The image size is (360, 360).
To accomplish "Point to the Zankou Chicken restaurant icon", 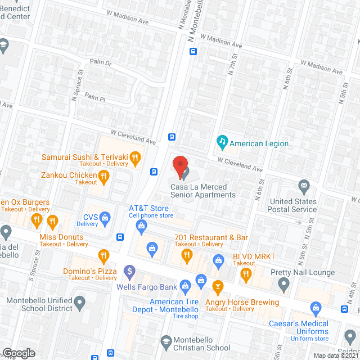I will coord(103,178).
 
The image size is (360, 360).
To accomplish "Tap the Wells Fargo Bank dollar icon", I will coord(130,272).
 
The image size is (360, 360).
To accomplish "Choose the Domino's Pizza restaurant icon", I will coord(103,257).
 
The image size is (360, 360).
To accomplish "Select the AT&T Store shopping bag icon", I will coord(141,226).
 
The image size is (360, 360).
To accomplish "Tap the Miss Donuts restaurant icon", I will coord(53,221).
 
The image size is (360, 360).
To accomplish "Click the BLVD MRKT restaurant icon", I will coord(246,274).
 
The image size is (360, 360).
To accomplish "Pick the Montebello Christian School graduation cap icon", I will coord(166,341).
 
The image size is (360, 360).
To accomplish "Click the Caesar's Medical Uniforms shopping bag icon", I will coord(315,308).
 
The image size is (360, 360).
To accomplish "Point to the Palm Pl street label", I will coord(95,97).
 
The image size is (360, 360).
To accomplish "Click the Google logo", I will coord(19,353).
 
